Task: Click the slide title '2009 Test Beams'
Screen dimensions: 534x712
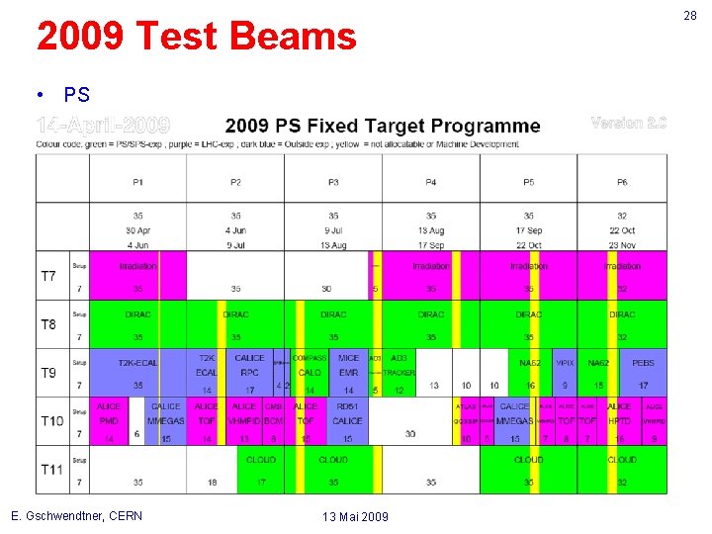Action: [196, 38]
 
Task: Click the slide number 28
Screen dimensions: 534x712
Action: [690, 14]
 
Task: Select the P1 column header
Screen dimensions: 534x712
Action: [137, 182]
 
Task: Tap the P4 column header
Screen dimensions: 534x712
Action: [431, 182]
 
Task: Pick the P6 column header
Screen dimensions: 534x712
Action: [622, 182]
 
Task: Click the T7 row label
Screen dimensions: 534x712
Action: [48, 276]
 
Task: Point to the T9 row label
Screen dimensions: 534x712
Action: [48, 373]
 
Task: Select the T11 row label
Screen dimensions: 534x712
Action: [49, 470]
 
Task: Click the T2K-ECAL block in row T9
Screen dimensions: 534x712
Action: [137, 363]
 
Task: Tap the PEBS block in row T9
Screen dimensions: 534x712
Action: [643, 363]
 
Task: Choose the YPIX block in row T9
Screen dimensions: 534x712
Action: [565, 363]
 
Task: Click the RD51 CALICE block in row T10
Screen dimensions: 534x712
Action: [347, 413]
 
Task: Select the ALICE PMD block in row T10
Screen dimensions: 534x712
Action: [109, 413]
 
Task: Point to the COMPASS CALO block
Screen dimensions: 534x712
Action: [310, 365]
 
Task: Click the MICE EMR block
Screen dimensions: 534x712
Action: [349, 365]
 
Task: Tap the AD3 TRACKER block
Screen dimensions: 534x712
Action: [399, 365]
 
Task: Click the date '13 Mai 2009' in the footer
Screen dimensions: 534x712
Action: [356, 517]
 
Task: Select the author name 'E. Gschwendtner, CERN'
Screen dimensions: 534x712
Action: [76, 516]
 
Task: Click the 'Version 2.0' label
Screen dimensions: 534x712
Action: [629, 124]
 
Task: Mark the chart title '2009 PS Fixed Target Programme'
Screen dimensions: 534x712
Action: [383, 126]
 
